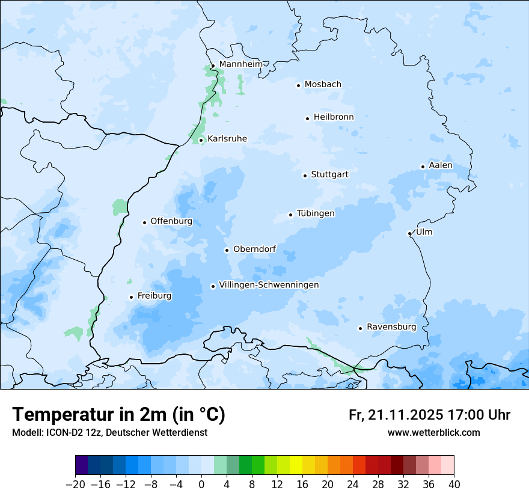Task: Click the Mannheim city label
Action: coord(240,64)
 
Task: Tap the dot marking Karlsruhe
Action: coord(201,141)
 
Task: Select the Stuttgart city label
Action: coord(329,174)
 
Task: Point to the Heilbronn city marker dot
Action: coord(307,118)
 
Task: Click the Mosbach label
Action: coord(323,84)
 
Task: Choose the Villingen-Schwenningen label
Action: coord(269,285)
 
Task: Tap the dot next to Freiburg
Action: coord(131,297)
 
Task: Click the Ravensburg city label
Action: coord(391,327)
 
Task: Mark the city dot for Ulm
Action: coord(409,233)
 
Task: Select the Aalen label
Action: coord(441,165)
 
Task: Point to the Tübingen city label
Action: coord(316,213)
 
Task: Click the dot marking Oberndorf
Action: coord(227,250)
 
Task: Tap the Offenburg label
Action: coord(171,221)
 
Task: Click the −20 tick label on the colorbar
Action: coord(75,485)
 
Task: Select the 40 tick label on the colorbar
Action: coord(454,485)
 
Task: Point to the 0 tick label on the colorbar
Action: coord(201,485)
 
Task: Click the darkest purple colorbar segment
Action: coord(81,466)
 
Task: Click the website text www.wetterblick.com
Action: coord(433,432)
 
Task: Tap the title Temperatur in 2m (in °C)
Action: coord(118,415)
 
